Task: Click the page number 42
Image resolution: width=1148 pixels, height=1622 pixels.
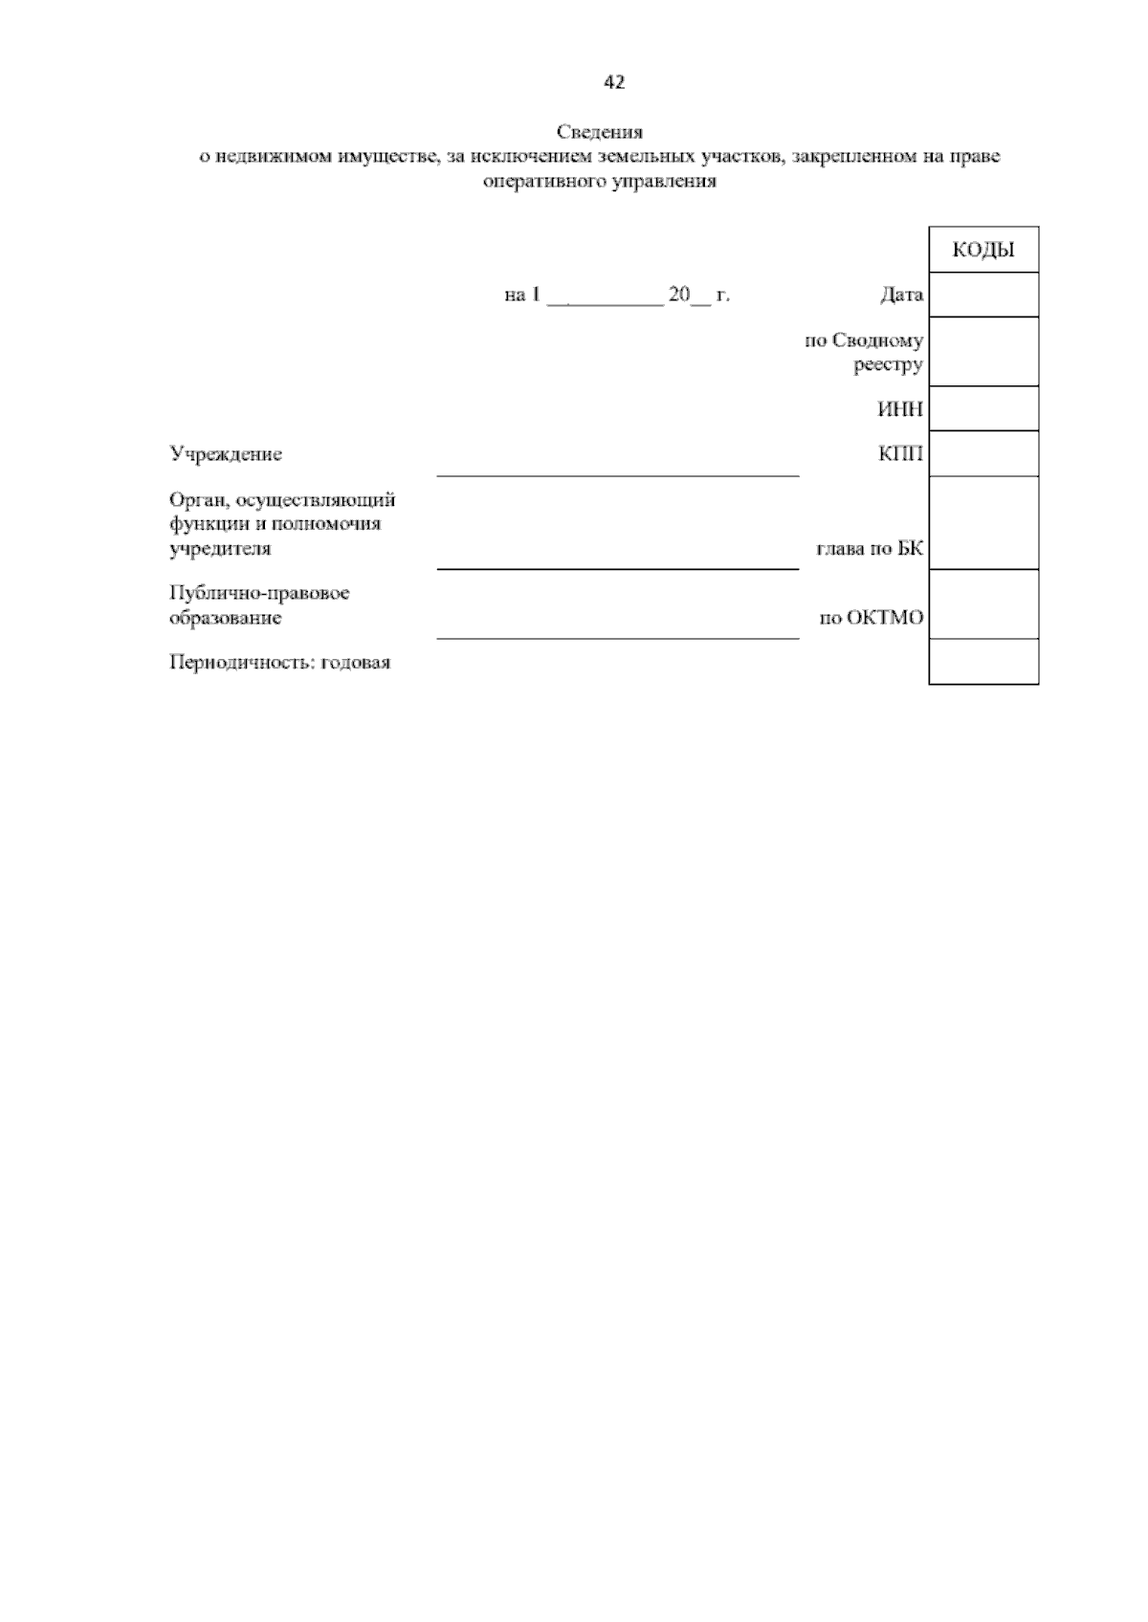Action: point(614,83)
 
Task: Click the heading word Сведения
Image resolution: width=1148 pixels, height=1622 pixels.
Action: point(600,132)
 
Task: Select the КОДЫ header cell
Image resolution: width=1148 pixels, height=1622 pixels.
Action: point(983,251)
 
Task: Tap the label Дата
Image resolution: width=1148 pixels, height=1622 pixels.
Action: point(901,295)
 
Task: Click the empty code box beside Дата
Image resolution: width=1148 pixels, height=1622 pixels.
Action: point(983,295)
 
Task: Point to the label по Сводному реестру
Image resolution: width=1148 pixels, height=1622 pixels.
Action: point(865,352)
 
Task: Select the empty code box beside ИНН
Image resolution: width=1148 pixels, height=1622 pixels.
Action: point(983,408)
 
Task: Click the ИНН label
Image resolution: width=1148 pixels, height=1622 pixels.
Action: point(900,409)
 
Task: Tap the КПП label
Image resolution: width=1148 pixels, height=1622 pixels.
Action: point(900,453)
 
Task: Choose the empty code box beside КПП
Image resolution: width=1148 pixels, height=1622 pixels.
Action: point(983,453)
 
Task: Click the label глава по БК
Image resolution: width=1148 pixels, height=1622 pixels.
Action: point(869,549)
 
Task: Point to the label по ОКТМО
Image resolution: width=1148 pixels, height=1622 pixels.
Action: point(872,618)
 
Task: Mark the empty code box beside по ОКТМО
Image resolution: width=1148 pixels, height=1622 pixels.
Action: point(983,604)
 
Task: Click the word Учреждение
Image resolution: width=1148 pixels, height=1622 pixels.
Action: point(226,454)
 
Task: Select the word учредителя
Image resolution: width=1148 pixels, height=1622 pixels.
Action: point(220,549)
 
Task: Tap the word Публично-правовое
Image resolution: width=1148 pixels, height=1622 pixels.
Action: point(259,593)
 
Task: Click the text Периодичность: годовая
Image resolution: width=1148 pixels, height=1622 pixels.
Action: point(279,662)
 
